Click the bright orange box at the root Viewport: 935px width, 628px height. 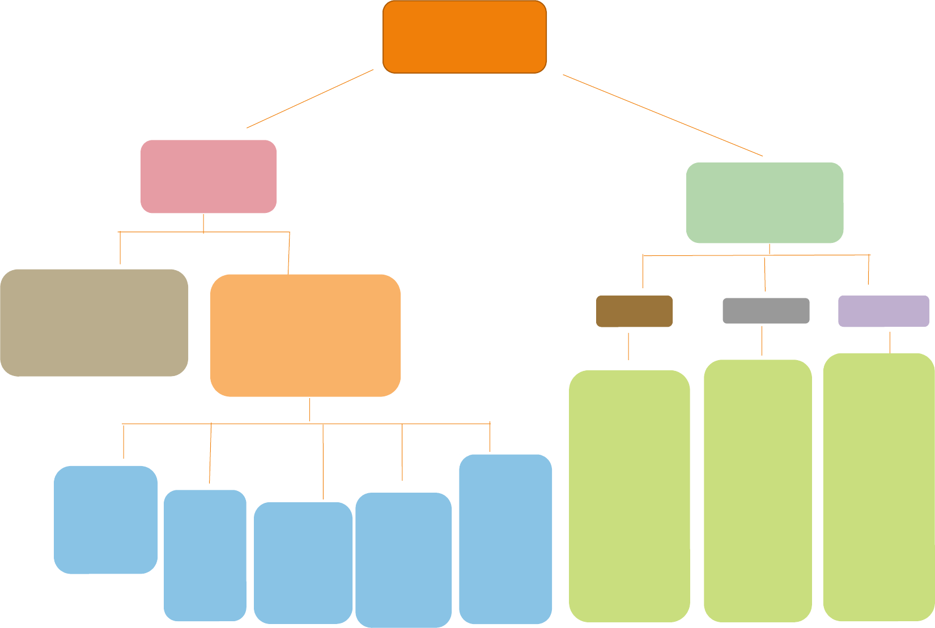465,37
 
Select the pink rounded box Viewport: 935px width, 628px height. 209,176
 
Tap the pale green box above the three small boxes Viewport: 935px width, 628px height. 764,203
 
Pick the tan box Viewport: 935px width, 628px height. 94,322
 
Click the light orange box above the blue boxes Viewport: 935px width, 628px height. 305,335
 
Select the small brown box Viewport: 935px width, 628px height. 634,311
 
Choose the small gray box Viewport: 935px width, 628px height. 766,311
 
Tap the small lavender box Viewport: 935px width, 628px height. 883,311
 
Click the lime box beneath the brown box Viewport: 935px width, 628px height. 629,496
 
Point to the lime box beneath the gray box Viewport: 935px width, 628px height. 758,490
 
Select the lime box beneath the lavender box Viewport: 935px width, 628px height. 878,487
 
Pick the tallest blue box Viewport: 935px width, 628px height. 505,539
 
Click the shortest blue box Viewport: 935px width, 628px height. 105,520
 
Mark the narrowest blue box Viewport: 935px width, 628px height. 205,555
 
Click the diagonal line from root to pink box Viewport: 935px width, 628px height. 310,99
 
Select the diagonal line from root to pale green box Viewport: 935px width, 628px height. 662,115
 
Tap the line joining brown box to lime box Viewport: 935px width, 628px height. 628,346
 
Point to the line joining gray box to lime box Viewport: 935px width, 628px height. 762,340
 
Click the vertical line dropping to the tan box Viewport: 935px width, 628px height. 120,247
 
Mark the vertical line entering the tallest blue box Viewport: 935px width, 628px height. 490,437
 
